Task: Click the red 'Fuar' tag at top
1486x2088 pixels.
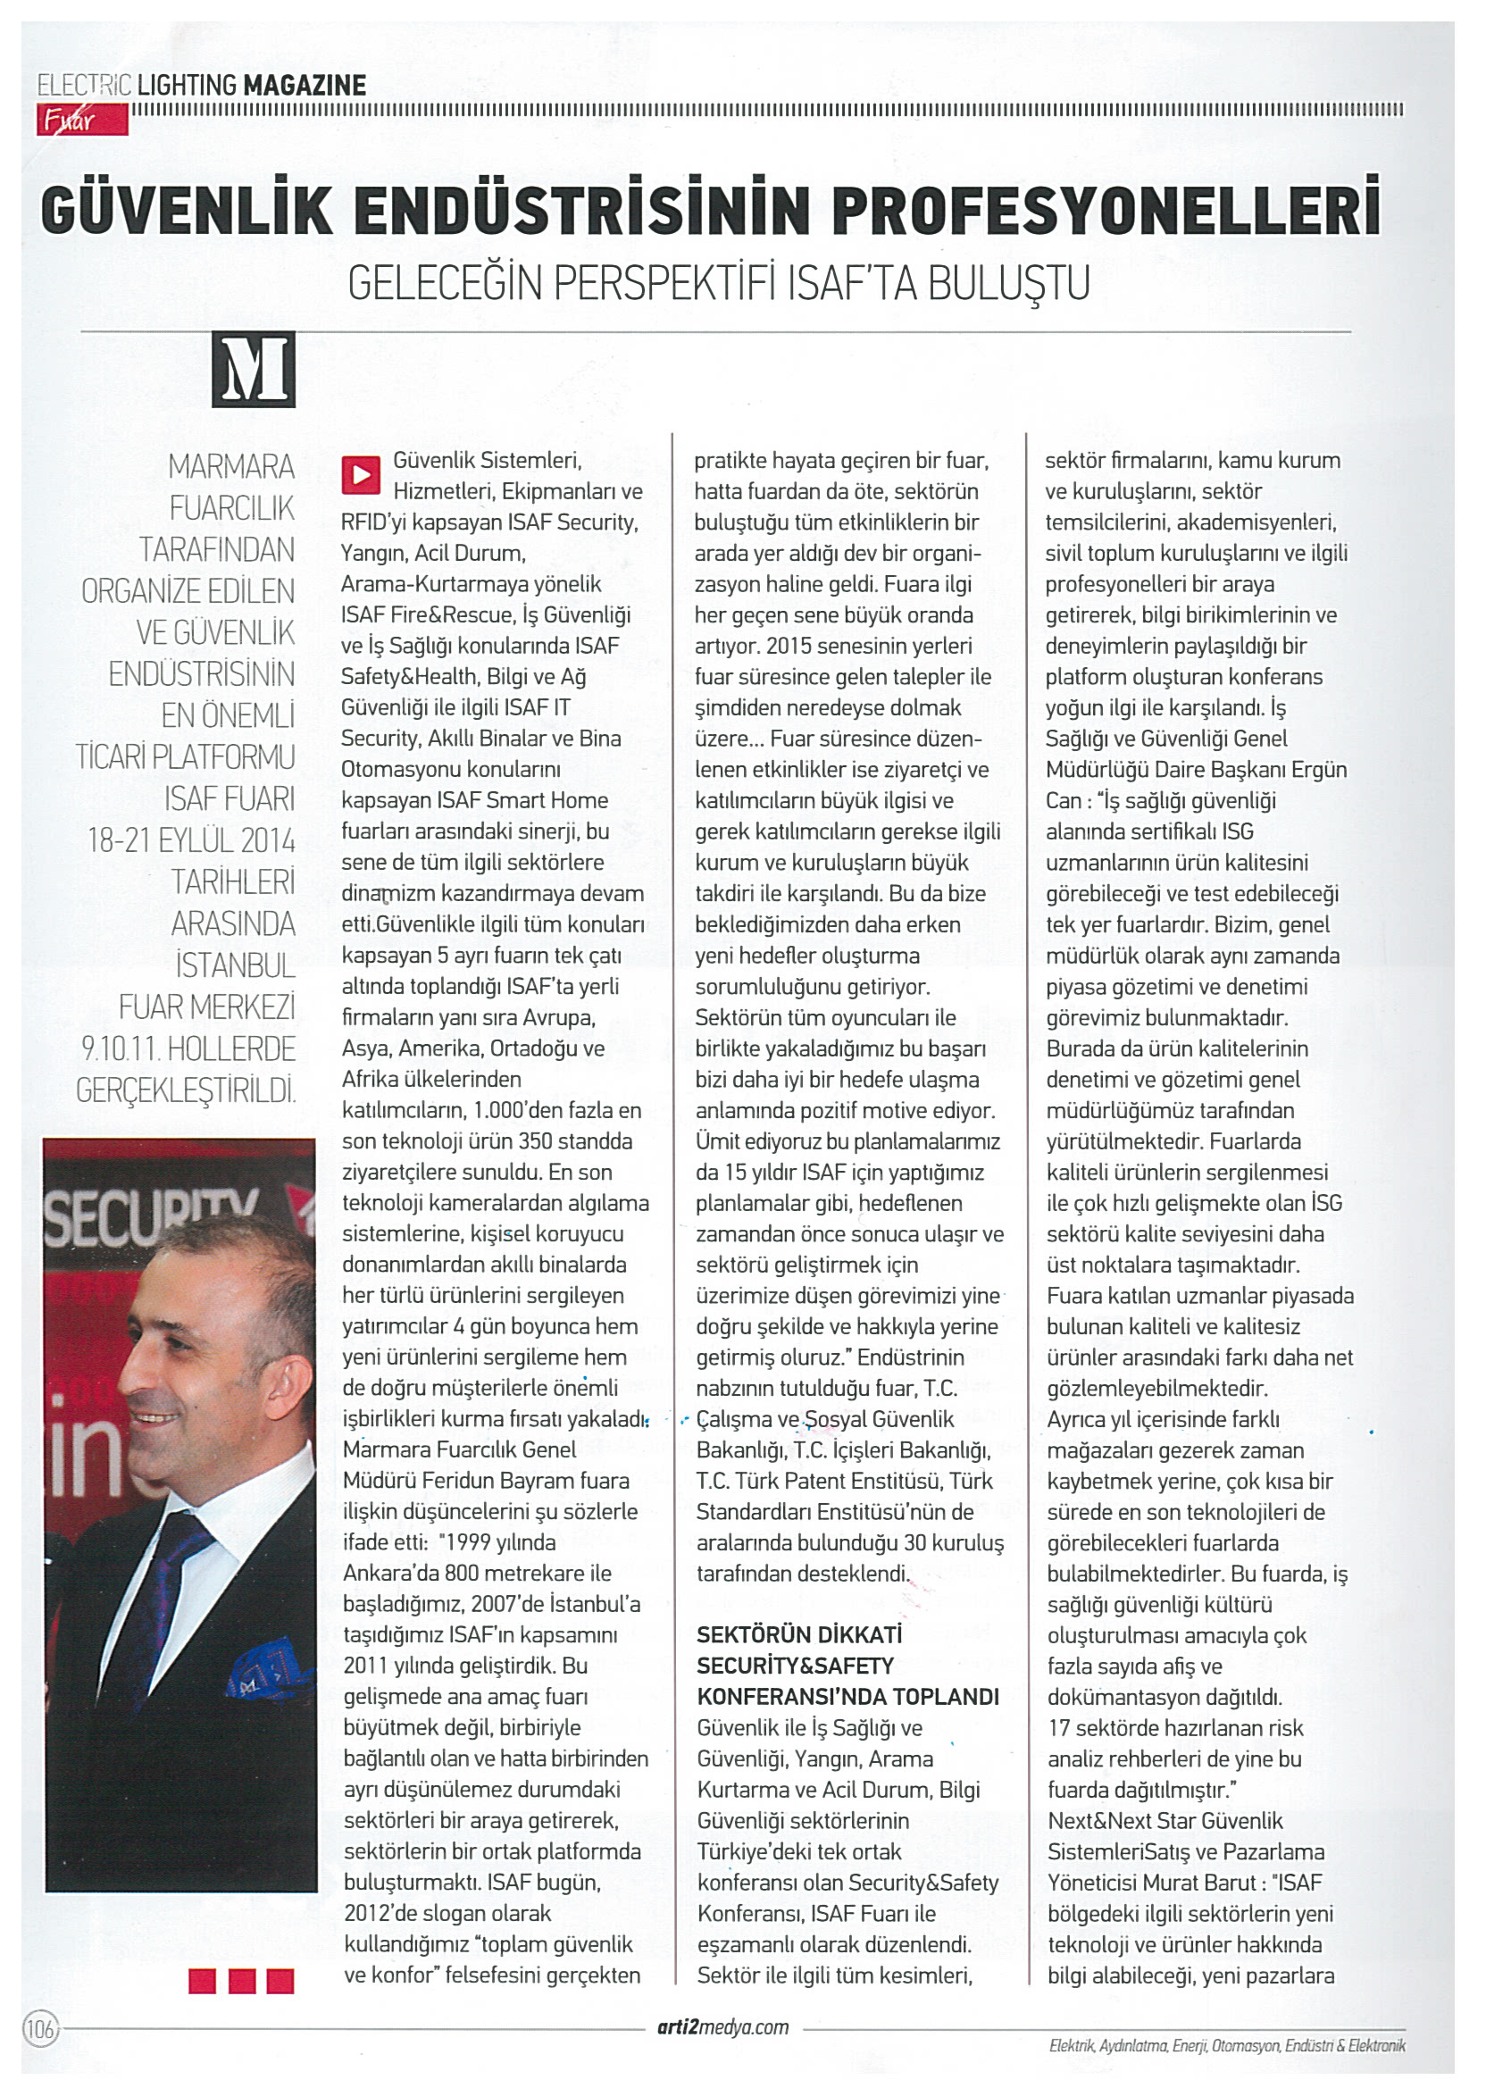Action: click(81, 120)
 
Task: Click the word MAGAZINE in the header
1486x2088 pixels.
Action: click(304, 86)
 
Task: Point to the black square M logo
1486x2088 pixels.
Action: click(254, 369)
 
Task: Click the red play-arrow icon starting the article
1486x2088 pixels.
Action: click(361, 474)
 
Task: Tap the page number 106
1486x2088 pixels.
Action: click(40, 2029)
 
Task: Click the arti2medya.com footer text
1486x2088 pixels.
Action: click(722, 2026)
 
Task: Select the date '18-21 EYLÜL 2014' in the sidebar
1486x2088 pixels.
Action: click(191, 840)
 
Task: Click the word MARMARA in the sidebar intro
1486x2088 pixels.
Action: click(231, 467)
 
